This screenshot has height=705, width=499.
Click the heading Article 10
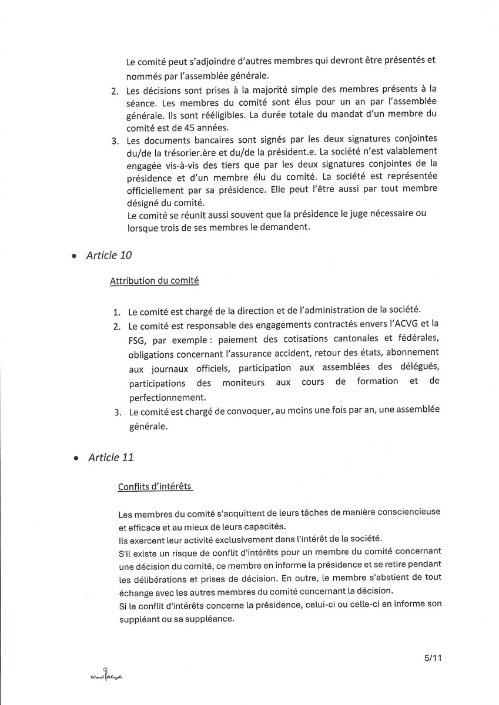coord(109,256)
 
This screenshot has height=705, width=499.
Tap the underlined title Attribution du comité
coord(154,281)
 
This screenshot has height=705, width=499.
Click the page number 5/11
coord(431,659)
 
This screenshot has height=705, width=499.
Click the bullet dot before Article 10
coord(73,257)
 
